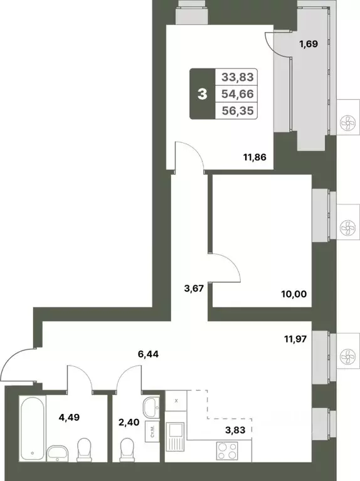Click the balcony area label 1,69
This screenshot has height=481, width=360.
point(307,44)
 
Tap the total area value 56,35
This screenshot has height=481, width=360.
point(238,111)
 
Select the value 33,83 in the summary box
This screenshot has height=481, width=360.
point(238,78)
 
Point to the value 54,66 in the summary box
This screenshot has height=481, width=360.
point(238,94)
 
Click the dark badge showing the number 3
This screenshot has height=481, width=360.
point(202,94)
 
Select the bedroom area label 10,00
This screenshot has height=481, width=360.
point(294,292)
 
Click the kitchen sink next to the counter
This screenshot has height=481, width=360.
point(176,435)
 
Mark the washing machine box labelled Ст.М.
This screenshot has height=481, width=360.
point(152,431)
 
